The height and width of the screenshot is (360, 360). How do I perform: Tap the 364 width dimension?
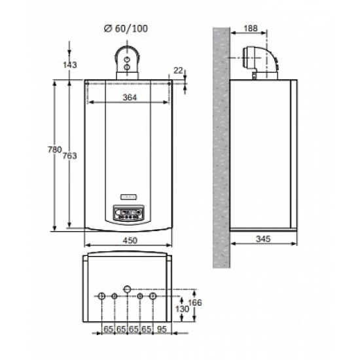(x=129, y=98)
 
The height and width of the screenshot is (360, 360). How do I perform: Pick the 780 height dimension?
(x=55, y=150)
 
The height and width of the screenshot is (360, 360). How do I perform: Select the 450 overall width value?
(x=130, y=241)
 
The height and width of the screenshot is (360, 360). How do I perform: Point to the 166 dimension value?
(x=194, y=302)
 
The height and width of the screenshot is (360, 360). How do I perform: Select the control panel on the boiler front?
(x=128, y=213)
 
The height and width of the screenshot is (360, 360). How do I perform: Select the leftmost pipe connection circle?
(x=101, y=297)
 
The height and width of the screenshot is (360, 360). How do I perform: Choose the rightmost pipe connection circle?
(x=153, y=297)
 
